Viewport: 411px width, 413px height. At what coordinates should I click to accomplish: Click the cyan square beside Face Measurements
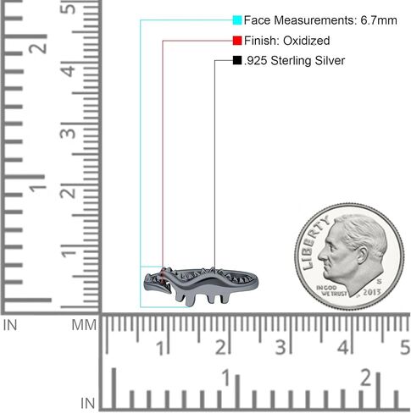click(237, 20)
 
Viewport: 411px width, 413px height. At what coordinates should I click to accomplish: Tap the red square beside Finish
click(237, 41)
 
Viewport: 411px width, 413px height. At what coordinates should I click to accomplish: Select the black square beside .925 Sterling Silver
click(237, 60)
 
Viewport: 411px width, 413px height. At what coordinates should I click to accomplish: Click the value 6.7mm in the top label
click(379, 20)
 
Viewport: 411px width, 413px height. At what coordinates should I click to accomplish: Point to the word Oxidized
click(307, 41)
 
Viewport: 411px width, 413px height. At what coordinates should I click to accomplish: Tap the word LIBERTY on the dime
click(314, 243)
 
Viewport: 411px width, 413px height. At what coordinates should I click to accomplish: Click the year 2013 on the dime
click(372, 292)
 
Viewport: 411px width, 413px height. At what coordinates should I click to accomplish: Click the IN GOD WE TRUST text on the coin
click(331, 290)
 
